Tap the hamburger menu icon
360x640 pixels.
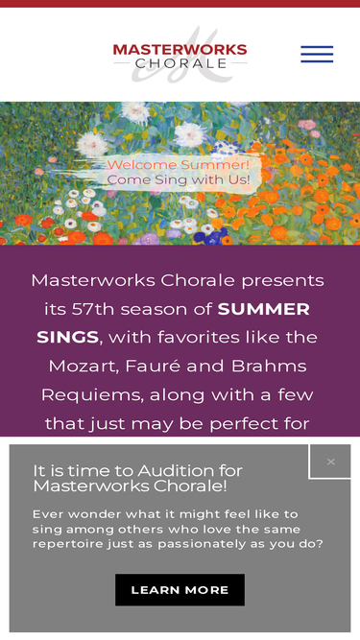(317, 55)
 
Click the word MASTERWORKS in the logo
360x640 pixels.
(180, 50)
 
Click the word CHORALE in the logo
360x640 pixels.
(180, 63)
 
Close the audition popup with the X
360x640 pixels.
(330, 462)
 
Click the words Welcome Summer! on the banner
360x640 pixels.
(178, 165)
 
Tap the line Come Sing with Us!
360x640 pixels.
(179, 179)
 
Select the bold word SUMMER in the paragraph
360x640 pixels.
(264, 309)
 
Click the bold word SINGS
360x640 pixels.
(68, 337)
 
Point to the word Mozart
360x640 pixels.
(84, 367)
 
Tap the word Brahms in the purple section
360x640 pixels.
(269, 366)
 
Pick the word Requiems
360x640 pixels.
(92, 395)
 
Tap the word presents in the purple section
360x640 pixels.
(283, 281)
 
